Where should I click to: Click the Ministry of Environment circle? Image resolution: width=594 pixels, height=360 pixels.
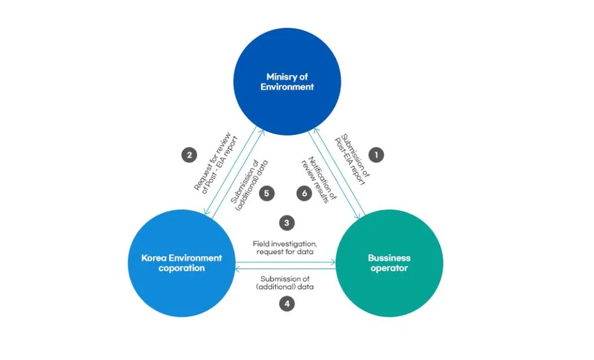(x=287, y=81)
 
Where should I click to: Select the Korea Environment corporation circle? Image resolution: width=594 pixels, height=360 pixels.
(x=181, y=263)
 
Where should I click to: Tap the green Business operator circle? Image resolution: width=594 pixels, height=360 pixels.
(x=389, y=263)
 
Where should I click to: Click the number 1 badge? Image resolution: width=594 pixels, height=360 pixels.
(x=376, y=155)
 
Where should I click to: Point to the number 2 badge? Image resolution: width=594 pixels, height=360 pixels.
(x=189, y=155)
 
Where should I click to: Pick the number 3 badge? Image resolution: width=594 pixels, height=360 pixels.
(x=287, y=223)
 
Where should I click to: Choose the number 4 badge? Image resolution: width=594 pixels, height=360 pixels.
(x=287, y=304)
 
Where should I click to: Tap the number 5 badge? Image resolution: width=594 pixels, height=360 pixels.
(x=267, y=194)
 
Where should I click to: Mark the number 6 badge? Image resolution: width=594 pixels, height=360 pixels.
(x=304, y=194)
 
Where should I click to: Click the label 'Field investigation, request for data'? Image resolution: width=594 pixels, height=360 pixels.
(x=285, y=248)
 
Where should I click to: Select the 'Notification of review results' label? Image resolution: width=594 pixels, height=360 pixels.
(x=319, y=180)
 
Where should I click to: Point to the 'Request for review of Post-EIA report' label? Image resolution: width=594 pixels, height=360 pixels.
(x=216, y=163)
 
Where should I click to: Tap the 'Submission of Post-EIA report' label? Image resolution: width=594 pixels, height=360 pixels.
(x=352, y=159)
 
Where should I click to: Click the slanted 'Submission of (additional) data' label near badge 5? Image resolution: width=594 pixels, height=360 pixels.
(x=249, y=185)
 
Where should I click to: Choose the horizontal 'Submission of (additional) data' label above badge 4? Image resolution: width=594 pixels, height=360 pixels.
(x=285, y=283)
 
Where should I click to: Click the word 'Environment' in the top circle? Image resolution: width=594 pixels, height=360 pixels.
(x=287, y=86)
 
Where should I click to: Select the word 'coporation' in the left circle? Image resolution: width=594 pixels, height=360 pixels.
(x=181, y=268)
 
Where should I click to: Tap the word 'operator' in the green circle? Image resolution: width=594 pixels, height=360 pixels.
(x=389, y=268)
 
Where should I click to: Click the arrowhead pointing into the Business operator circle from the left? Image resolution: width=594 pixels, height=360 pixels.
(x=333, y=261)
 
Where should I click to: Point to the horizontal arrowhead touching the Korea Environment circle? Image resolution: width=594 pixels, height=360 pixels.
(x=238, y=269)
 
